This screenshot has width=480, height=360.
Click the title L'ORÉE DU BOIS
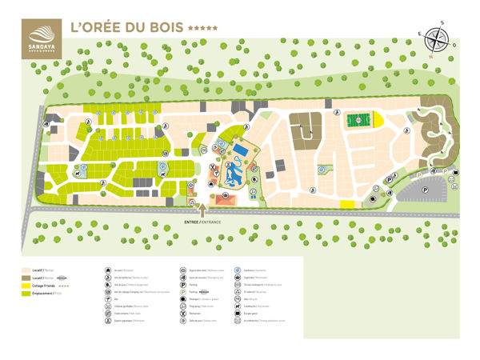(x=126, y=26)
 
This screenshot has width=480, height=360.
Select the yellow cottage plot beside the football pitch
(x=379, y=120)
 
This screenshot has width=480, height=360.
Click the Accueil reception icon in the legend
(x=108, y=270)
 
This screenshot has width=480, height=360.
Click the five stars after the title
(x=202, y=28)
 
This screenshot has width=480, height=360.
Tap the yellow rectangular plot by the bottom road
(x=347, y=205)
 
